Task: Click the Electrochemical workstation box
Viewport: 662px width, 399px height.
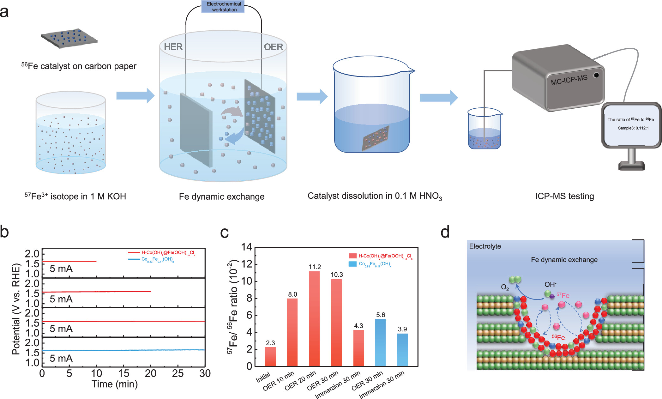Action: [224, 7]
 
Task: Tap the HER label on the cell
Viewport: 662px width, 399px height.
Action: [173, 47]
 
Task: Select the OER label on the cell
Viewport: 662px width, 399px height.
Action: [273, 47]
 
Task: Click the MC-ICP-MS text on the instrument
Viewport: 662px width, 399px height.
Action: [569, 80]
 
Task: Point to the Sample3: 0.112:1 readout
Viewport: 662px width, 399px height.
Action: [633, 128]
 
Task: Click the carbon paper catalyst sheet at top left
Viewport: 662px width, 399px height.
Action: [69, 38]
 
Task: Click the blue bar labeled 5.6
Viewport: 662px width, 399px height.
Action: [381, 342]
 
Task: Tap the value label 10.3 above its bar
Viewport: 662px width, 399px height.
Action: [337, 275]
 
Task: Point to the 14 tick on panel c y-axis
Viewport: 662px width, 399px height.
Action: [247, 247]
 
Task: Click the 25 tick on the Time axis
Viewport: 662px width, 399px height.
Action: [178, 374]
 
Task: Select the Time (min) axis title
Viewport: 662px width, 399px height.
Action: [115, 384]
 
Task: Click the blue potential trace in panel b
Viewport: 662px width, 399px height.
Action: [126, 350]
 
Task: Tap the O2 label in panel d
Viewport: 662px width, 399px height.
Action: [505, 287]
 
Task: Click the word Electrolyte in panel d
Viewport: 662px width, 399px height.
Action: [485, 246]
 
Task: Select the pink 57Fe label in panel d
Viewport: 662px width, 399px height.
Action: [563, 295]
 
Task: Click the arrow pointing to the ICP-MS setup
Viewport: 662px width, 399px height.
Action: [438, 98]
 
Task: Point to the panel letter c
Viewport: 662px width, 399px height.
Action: [224, 233]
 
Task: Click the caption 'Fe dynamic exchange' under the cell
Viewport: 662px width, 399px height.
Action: [222, 196]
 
